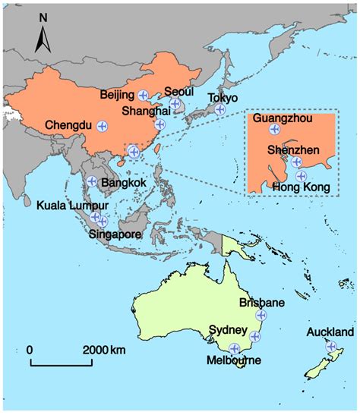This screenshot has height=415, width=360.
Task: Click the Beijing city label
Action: (x=118, y=95)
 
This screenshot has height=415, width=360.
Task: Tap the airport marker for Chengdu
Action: (x=102, y=125)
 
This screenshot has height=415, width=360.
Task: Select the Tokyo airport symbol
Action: (x=219, y=109)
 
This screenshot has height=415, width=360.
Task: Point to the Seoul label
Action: (x=179, y=90)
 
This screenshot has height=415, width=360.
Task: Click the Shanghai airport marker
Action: (x=159, y=124)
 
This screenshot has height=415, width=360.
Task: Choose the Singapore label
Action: (x=115, y=234)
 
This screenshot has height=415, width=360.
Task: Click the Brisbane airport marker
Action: (x=262, y=314)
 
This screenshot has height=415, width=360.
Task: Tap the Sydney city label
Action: (x=228, y=330)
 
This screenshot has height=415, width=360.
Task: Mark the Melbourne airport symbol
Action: (x=235, y=348)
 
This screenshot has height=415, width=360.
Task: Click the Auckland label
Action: (x=330, y=332)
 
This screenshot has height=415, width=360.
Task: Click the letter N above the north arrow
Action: (x=44, y=15)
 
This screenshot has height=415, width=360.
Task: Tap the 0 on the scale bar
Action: (x=30, y=350)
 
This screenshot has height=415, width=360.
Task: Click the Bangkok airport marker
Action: (x=91, y=181)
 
